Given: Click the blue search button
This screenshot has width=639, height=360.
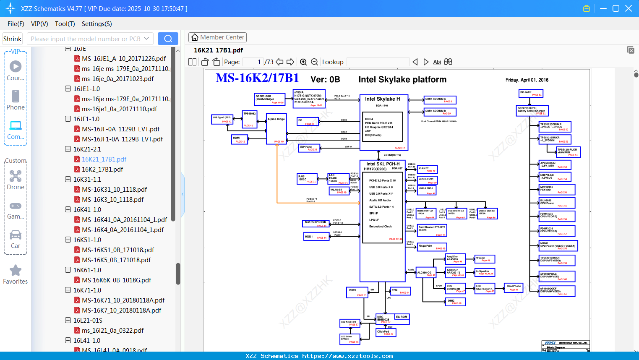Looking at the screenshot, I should [x=168, y=39].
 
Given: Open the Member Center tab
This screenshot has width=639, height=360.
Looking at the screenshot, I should [x=217, y=37].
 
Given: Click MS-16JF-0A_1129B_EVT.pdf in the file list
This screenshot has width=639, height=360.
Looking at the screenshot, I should [x=120, y=129].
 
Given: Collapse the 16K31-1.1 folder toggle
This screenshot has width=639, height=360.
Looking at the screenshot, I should [x=68, y=180].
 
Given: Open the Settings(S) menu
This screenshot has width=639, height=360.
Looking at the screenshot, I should [x=97, y=24].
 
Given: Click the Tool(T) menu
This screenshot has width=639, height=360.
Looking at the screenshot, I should [x=65, y=24].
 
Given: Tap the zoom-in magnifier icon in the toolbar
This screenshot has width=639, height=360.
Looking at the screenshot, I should [x=303, y=62].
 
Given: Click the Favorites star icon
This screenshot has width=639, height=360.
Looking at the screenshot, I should [x=16, y=271].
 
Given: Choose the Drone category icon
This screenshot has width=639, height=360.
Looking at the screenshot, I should [x=16, y=176].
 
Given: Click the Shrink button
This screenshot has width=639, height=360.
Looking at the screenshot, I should [x=12, y=39].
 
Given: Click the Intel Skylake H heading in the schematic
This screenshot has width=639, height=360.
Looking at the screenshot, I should [x=382, y=99].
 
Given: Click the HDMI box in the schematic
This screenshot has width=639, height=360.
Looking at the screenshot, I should [x=240, y=139].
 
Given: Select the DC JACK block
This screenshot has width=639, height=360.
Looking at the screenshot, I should [x=531, y=93].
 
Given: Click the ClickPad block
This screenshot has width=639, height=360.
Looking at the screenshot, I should [x=386, y=332].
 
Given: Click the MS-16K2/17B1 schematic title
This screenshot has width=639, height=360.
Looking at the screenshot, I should [x=257, y=78].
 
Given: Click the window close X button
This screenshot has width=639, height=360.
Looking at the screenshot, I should [x=629, y=8].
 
